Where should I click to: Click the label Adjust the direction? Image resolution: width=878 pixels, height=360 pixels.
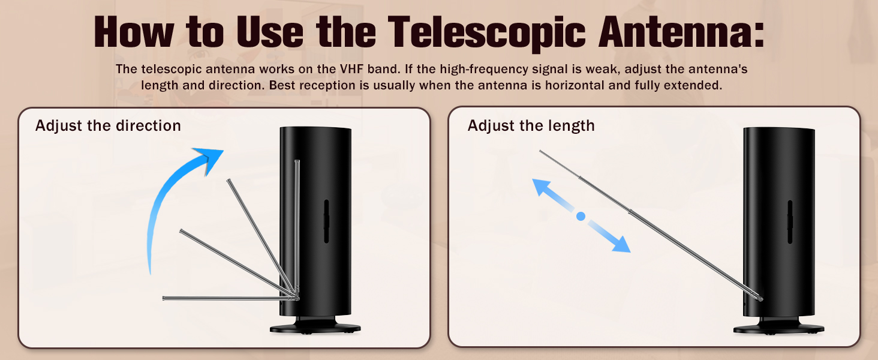108,125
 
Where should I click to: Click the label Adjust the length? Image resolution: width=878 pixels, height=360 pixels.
531,125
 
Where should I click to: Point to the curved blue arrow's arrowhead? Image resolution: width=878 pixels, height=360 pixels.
210,160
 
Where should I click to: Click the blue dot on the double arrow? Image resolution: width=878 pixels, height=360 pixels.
580,216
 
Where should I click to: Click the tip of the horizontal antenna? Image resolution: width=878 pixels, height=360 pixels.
164,298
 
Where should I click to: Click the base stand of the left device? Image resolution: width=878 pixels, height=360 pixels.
315,328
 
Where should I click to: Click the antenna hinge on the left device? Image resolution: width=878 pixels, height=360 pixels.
296,295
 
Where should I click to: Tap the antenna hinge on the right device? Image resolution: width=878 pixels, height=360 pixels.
759,297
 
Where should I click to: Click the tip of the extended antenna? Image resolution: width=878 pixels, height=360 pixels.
541,151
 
